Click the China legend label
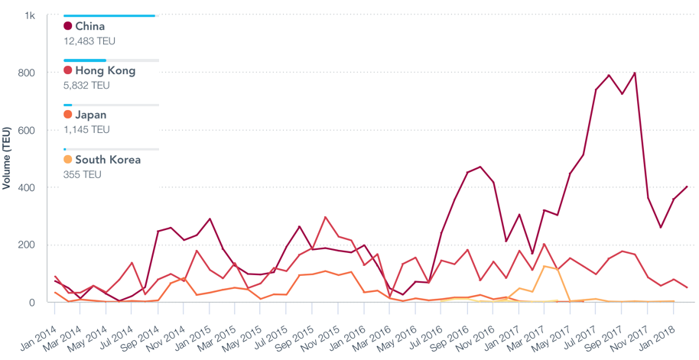click(89, 27)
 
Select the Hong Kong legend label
click(105, 71)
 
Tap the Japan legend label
click(90, 115)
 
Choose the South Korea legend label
click(107, 161)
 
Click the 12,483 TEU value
click(89, 41)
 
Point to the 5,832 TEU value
click(86, 86)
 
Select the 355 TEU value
click(83, 175)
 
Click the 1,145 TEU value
click(86, 130)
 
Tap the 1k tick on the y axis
click(30, 15)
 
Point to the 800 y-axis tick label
click(27, 73)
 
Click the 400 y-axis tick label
click(27, 188)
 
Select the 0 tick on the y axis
click(32, 303)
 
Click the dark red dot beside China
click(68, 27)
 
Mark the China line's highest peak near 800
click(635, 73)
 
